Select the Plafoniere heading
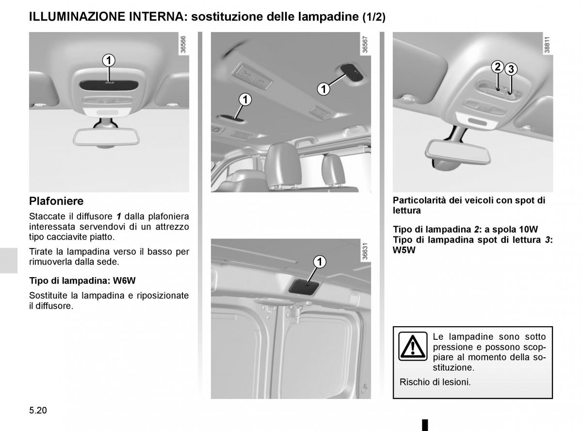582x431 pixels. coord(56,201)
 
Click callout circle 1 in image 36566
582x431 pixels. coord(109,60)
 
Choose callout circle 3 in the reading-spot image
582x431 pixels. coord(511,69)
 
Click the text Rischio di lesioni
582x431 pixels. coord(435,382)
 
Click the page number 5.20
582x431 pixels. coord(38,410)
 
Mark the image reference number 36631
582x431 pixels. coord(364,252)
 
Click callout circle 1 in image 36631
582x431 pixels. coord(320,263)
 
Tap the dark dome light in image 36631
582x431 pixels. coord(303,286)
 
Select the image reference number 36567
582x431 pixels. coord(364,45)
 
